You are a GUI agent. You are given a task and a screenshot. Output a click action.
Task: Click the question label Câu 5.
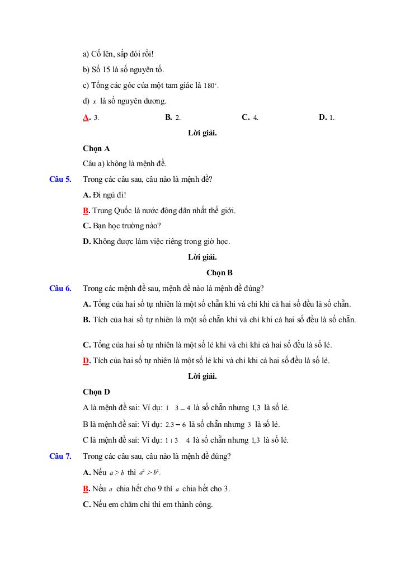(x=60, y=180)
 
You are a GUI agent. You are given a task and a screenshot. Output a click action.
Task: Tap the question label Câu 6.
(x=60, y=289)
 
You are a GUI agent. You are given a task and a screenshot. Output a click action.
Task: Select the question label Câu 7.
(x=60, y=456)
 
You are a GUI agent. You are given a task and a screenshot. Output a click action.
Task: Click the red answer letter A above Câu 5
(x=86, y=118)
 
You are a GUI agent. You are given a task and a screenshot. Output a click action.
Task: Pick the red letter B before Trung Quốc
(x=86, y=211)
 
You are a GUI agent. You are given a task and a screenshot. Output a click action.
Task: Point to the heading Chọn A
(x=96, y=149)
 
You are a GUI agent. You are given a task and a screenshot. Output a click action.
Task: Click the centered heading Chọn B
(x=219, y=273)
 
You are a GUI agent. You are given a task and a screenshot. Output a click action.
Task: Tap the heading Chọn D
(x=96, y=392)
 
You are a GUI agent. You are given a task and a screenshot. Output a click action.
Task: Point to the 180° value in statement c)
(x=210, y=86)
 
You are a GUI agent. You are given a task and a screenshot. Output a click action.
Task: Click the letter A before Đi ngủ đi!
(x=86, y=195)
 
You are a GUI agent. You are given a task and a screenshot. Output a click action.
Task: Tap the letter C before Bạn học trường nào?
(x=86, y=226)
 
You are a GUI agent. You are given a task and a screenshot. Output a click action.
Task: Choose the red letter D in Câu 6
(x=86, y=361)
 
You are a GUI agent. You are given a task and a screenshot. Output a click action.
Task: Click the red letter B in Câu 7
(x=86, y=489)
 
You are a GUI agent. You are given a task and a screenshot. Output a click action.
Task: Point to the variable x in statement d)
(x=95, y=102)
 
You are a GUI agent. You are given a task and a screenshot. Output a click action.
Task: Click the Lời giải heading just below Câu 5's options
(x=202, y=257)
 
